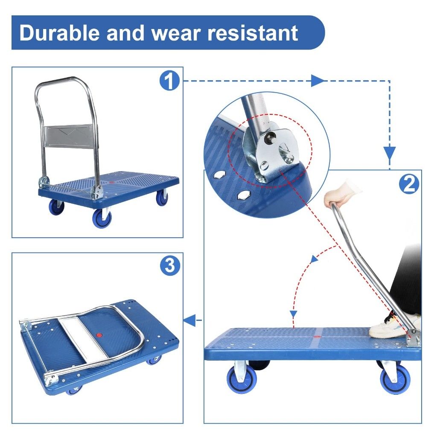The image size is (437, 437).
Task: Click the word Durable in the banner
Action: pyautogui.click(x=59, y=33)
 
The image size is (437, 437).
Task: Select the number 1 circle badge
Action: pyautogui.click(x=169, y=81)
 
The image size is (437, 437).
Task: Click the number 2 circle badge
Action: pyautogui.click(x=408, y=184)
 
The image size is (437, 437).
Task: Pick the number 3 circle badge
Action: pyautogui.click(x=169, y=266)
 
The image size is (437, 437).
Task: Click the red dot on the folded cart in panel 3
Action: pyautogui.click(x=100, y=336)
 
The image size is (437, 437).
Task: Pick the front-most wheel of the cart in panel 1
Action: pyautogui.click(x=102, y=218)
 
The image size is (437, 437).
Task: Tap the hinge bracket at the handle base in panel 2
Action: pyautogui.click(x=413, y=338)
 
